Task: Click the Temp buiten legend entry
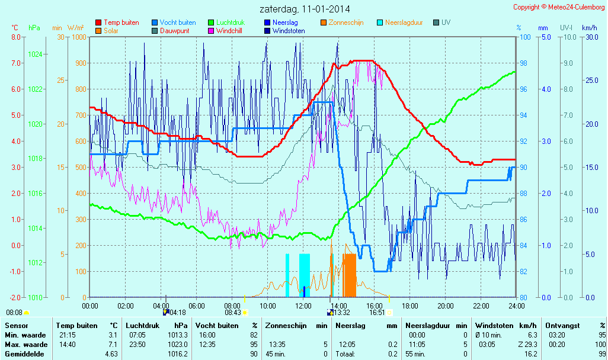(121, 22)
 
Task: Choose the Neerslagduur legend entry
(404, 22)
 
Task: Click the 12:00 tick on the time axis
(303, 306)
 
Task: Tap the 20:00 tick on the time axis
(446, 306)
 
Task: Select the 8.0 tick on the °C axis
(15, 37)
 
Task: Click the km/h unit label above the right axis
(589, 28)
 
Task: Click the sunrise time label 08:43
(232, 312)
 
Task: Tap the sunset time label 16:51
(377, 312)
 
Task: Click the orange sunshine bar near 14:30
(350, 275)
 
